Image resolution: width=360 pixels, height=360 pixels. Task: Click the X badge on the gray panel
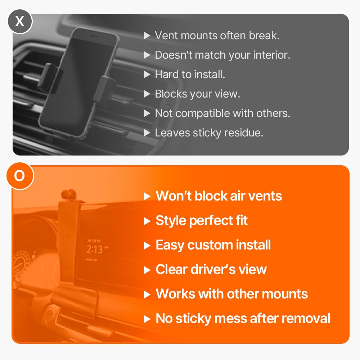point(20,22)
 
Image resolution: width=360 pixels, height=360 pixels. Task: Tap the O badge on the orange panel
point(20,176)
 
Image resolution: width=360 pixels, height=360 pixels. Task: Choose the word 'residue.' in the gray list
point(244,133)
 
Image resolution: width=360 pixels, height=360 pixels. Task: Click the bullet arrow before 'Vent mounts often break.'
point(147,36)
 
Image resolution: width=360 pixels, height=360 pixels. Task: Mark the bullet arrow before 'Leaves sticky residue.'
point(147,133)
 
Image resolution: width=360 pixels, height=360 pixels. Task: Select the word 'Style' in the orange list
point(171,221)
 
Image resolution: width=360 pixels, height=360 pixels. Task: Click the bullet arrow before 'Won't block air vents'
point(147,196)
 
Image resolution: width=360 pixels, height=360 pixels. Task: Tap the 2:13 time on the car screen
point(95,249)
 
